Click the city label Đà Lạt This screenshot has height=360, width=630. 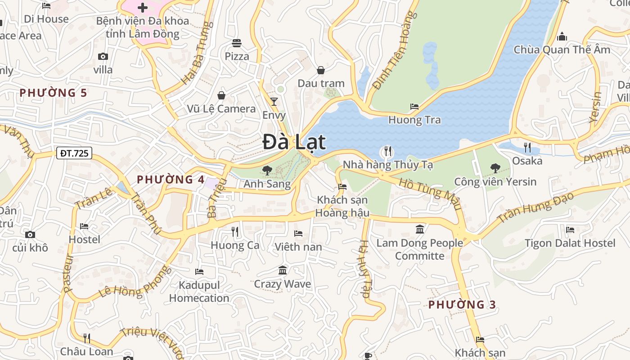(x=294, y=142)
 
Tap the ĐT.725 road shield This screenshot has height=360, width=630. (x=75, y=153)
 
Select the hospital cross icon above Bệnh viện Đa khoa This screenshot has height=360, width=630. (x=143, y=8)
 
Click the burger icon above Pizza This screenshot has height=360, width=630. (x=237, y=43)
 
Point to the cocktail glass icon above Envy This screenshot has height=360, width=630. (x=274, y=101)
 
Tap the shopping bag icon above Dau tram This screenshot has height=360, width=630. (x=321, y=70)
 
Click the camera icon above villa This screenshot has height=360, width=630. (x=103, y=56)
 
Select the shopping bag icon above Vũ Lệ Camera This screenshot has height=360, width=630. (x=221, y=95)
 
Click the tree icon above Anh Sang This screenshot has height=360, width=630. (x=267, y=170)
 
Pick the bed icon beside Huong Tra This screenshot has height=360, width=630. (x=414, y=107)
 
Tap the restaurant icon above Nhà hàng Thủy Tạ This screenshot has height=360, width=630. (x=387, y=151)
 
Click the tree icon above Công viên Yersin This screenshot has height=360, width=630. (x=495, y=168)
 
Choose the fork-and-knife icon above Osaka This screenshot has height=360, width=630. (x=527, y=147)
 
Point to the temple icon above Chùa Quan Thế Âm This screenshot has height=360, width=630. (x=562, y=36)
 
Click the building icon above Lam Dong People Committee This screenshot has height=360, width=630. (x=420, y=229)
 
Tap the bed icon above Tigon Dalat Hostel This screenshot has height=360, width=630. (x=570, y=230)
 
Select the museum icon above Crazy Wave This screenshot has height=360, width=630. (x=283, y=270)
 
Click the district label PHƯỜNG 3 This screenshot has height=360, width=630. (x=462, y=305)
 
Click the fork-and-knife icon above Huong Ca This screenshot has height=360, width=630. (x=234, y=231)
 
